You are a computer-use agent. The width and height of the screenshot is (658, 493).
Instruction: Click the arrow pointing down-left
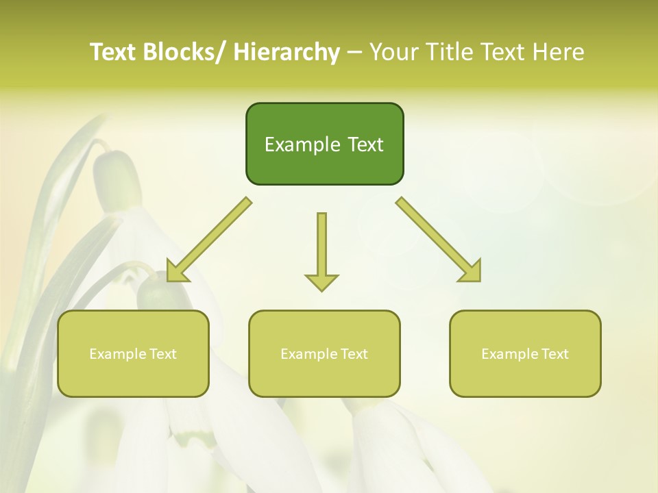click(208, 240)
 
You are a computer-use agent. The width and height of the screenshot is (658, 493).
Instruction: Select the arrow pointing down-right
click(439, 240)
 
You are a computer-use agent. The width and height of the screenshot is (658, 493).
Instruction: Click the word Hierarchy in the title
click(287, 52)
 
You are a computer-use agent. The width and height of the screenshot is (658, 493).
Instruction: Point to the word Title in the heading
click(448, 52)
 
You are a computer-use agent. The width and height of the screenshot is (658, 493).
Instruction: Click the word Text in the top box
click(365, 145)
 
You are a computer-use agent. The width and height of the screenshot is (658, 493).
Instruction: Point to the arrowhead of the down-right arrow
click(472, 273)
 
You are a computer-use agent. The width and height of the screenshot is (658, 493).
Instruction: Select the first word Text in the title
click(114, 52)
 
